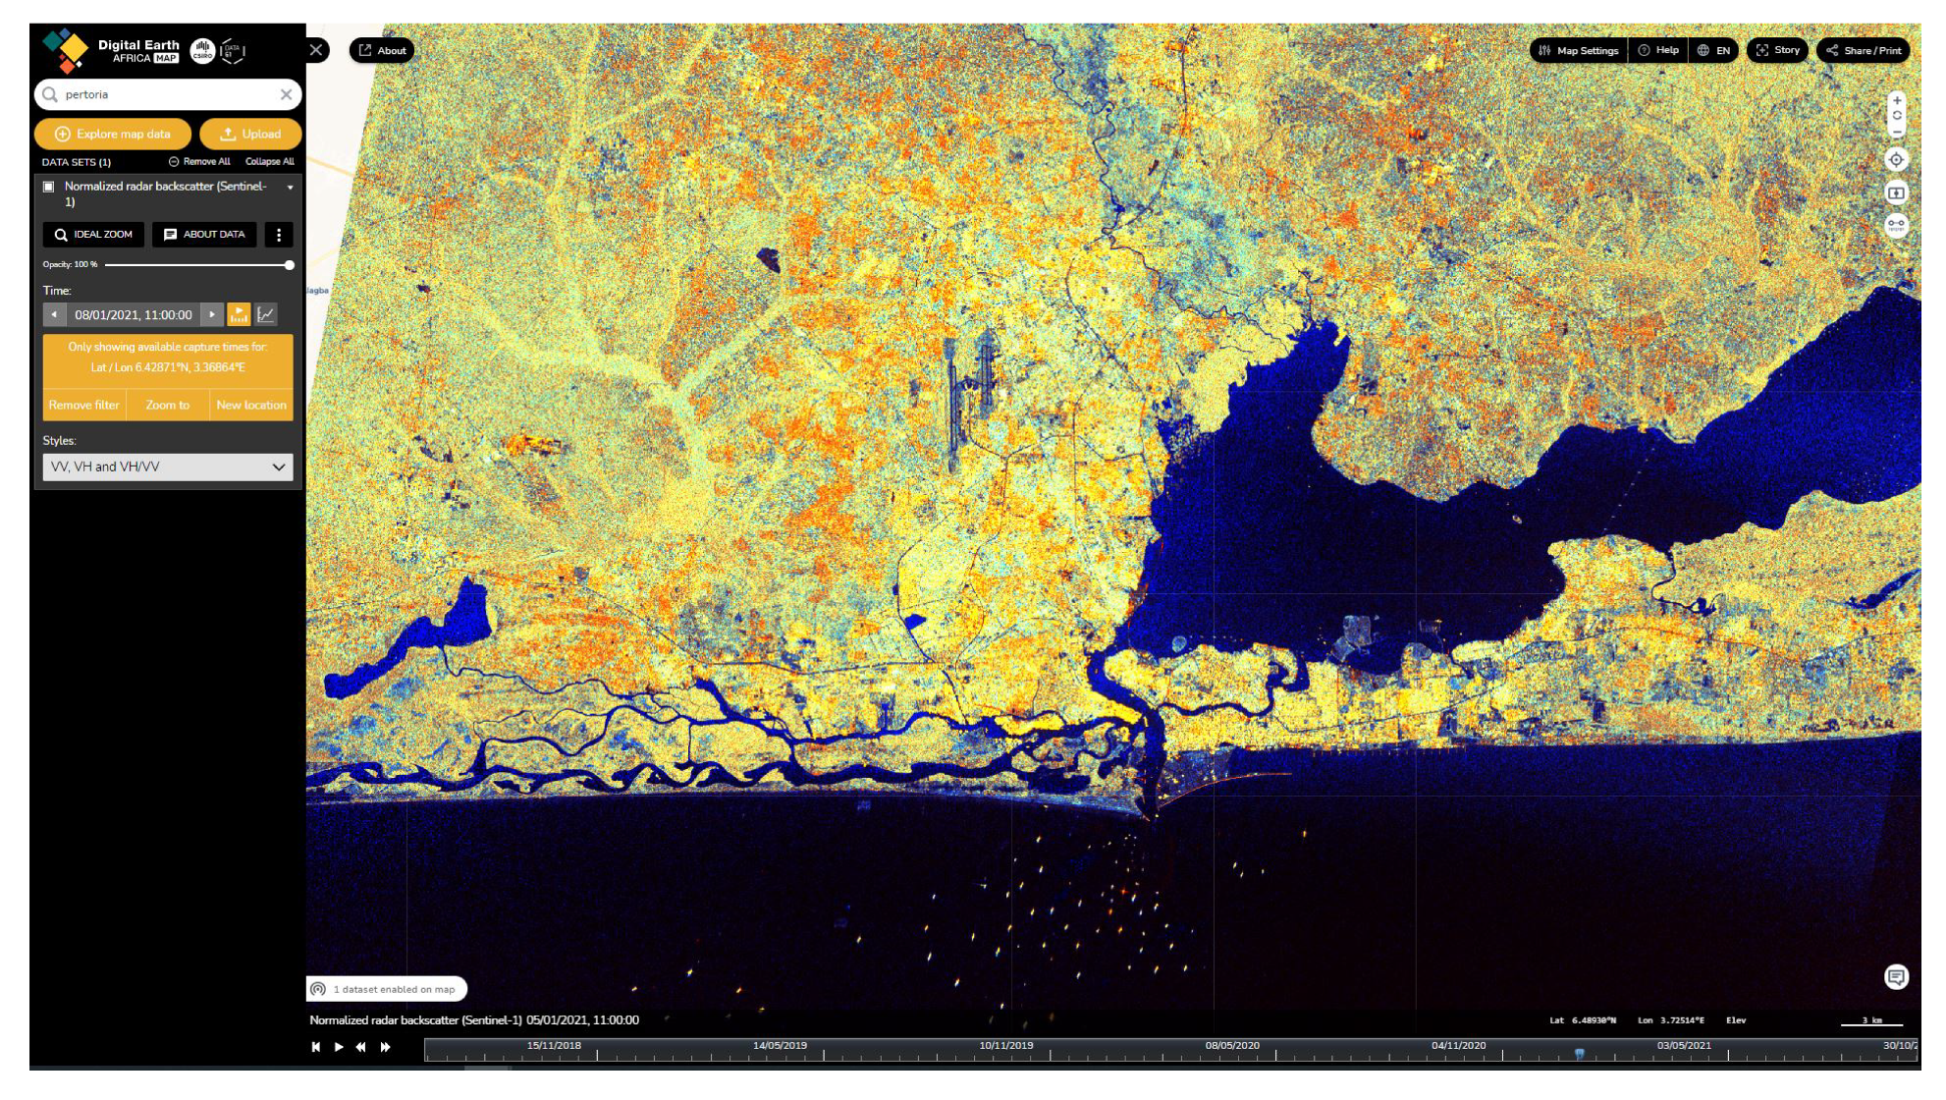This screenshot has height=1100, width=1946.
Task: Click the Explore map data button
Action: click(x=114, y=134)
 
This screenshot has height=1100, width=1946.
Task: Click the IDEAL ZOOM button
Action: click(x=93, y=235)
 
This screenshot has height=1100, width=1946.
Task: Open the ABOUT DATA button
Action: click(x=204, y=235)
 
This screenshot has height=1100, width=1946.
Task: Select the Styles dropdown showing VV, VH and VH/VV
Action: click(x=168, y=467)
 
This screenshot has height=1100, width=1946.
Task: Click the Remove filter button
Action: click(x=84, y=405)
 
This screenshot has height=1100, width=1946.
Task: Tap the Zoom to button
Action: click(x=168, y=405)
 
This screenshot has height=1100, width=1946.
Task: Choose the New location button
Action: click(x=251, y=405)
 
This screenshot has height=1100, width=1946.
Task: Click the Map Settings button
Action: click(x=1579, y=50)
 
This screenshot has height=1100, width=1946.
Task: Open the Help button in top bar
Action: click(x=1658, y=50)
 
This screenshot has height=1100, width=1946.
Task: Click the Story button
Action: click(x=1778, y=50)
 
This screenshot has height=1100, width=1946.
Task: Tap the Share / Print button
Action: click(x=1864, y=50)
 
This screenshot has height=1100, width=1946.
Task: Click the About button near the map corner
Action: click(x=382, y=50)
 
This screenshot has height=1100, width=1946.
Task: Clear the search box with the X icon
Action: click(x=286, y=94)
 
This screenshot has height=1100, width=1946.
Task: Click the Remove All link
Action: click(x=199, y=162)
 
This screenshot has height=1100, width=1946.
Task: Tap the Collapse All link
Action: click(x=269, y=162)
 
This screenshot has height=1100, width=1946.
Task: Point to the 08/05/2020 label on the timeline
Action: click(x=1232, y=1045)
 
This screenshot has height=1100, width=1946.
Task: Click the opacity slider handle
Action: click(x=290, y=265)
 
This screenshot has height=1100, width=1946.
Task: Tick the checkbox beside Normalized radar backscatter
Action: click(x=49, y=187)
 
